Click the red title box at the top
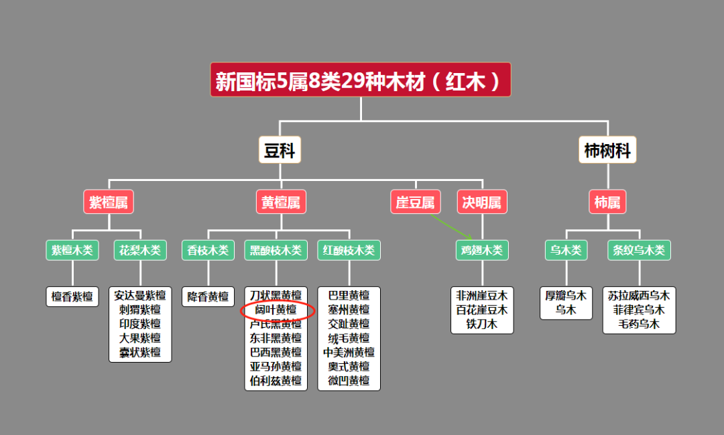pos(361,80)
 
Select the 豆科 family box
pos(280,150)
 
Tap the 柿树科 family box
pos(607,150)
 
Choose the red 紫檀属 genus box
pos(109,202)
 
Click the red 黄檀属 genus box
pos(281,202)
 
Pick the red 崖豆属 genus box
pos(416,202)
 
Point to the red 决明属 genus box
pos(482,202)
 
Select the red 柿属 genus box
pos(607,202)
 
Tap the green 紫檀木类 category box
pos(72,250)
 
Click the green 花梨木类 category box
pos(140,250)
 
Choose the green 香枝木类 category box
pos(208,250)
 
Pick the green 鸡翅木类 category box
pos(482,250)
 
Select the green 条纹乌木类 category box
pos(639,250)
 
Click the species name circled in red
pos(276,310)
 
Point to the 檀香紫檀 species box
pos(72,296)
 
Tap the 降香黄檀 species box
pos(208,296)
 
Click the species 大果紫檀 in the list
pos(140,338)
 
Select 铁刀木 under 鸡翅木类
pos(482,324)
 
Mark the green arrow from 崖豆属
pos(450,227)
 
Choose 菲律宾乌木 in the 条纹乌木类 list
pos(639,310)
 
